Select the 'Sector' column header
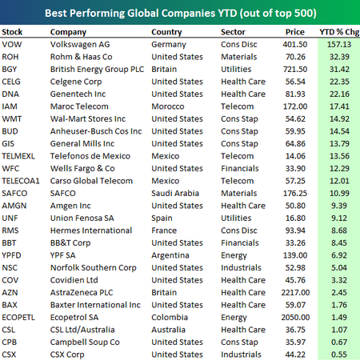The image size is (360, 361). [x=233, y=32]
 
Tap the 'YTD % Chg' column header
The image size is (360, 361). [x=339, y=32]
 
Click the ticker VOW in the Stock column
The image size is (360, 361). [x=12, y=44]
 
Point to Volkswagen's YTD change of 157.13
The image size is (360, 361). [x=339, y=44]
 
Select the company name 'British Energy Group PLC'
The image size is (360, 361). [x=97, y=70]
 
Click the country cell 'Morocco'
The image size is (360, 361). [x=168, y=106]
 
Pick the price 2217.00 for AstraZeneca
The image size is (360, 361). [x=295, y=292]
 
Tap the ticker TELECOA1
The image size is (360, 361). [x=21, y=181]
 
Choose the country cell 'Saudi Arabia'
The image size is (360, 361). [x=175, y=193]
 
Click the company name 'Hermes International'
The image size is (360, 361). [x=91, y=231]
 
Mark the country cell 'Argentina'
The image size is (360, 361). [x=170, y=255]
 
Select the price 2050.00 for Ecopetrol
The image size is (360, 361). [x=295, y=317]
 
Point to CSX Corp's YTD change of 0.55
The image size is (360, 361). [x=339, y=355]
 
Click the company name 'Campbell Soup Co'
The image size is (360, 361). [x=85, y=343]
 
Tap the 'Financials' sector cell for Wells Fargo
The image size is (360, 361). [x=240, y=168]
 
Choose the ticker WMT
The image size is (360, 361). [x=12, y=118]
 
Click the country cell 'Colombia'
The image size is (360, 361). [x=170, y=317]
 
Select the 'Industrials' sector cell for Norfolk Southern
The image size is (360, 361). [x=241, y=267]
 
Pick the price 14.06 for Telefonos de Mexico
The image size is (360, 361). [x=295, y=156]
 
